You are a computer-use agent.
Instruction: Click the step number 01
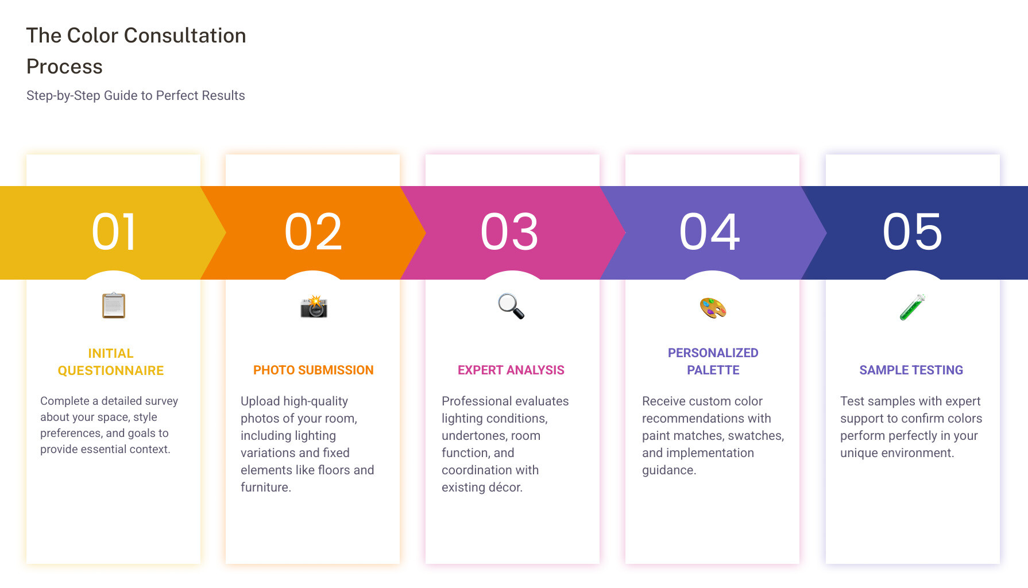point(114,232)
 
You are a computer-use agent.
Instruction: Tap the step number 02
point(313,232)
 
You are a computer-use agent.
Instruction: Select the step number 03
point(510,232)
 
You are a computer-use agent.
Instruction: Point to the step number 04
point(710,232)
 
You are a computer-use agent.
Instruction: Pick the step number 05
point(913,232)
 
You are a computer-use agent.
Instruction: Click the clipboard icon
point(114,305)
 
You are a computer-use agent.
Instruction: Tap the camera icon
point(314,307)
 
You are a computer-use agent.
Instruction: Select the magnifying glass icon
point(511,306)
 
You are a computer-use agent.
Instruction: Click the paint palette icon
point(713,308)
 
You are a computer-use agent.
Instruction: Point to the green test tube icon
point(912,307)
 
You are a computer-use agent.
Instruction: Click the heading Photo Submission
point(313,370)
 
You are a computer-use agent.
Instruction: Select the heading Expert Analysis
point(511,370)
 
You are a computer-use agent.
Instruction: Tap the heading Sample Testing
point(911,370)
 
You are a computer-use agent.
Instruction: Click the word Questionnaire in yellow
point(111,371)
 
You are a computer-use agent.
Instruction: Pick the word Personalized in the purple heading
point(713,353)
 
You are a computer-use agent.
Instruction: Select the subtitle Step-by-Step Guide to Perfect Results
point(136,96)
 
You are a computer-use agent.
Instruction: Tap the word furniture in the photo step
point(265,488)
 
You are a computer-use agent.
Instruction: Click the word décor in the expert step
point(505,488)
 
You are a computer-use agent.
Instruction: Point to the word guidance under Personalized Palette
point(668,470)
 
